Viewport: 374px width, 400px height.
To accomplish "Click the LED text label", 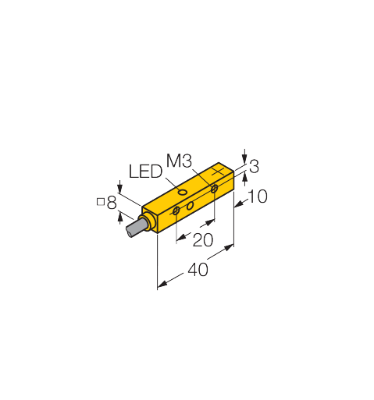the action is [x=145, y=172].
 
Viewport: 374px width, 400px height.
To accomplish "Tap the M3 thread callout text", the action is [x=179, y=161].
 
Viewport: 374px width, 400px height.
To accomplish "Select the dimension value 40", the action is [x=198, y=270].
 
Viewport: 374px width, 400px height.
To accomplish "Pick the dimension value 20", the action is [x=203, y=240].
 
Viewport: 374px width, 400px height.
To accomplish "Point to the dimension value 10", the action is [x=257, y=196].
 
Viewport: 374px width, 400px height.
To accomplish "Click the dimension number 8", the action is [x=112, y=203].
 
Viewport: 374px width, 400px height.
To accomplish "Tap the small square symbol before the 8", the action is [x=101, y=202].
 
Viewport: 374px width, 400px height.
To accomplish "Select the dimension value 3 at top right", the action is [x=254, y=167].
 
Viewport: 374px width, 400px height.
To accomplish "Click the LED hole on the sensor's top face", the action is [x=183, y=193].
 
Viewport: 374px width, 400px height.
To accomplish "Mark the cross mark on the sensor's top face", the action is [x=218, y=172].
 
